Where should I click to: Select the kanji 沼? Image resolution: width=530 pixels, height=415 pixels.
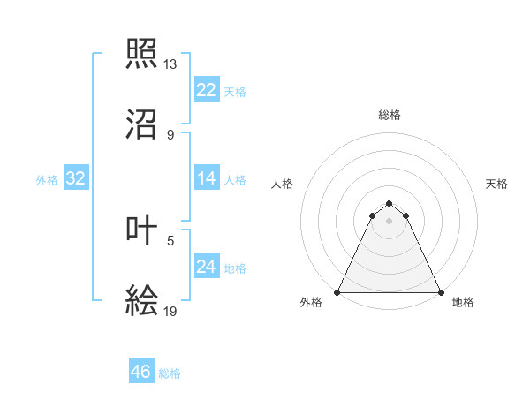tap(142, 124)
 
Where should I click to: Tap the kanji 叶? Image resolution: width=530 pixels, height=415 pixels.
tap(142, 230)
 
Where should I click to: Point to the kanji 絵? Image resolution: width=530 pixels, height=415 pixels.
tap(142, 301)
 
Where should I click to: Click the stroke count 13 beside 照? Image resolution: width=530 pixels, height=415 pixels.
tap(170, 64)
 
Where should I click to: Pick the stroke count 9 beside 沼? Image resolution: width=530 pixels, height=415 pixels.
tap(170, 135)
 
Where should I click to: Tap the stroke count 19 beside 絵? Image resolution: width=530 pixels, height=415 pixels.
tap(170, 311)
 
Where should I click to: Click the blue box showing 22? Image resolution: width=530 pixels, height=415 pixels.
tap(206, 90)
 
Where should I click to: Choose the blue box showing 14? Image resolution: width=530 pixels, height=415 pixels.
tap(206, 178)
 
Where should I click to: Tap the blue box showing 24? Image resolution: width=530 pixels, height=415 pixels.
tap(206, 267)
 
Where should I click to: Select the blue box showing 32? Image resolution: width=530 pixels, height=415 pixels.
tap(75, 178)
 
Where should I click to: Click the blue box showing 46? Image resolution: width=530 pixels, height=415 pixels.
tap(141, 372)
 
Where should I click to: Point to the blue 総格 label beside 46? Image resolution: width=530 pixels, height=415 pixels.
tap(170, 373)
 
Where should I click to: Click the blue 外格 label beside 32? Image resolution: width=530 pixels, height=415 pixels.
tap(47, 180)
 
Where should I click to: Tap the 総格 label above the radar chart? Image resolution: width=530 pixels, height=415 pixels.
tap(389, 116)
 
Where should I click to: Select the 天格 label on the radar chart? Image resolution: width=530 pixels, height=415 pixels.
tap(497, 184)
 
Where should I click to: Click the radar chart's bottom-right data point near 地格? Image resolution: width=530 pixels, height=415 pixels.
tap(440, 292)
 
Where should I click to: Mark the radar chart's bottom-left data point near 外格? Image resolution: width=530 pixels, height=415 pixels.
tap(337, 292)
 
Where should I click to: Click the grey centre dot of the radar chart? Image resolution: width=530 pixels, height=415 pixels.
tap(389, 221)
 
